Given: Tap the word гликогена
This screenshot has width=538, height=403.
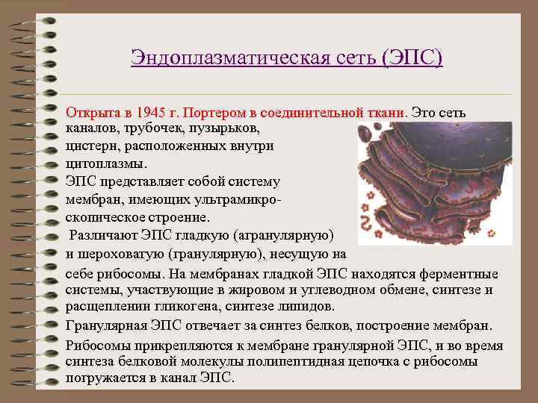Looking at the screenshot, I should (193, 306).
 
